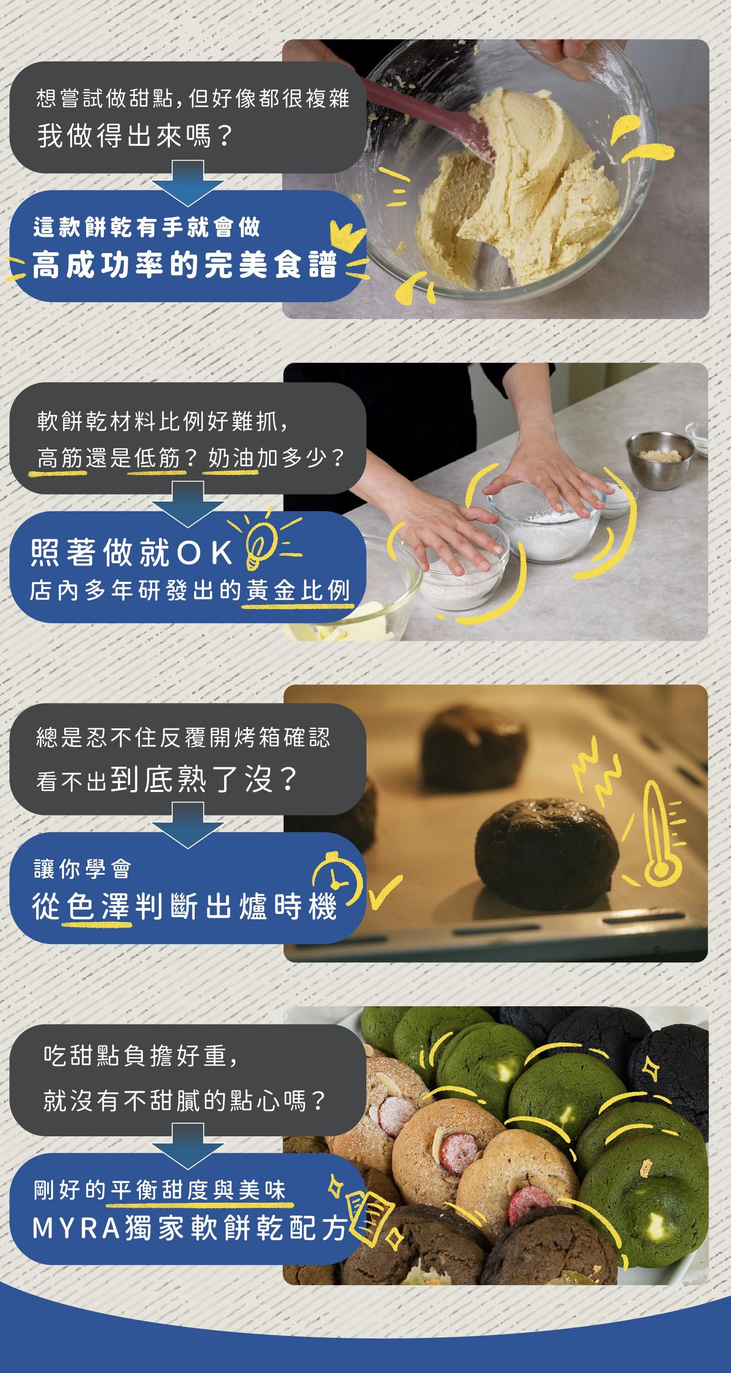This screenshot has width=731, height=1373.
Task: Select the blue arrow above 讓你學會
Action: click(188, 824)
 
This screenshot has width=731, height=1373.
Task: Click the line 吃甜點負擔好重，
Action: click(141, 1056)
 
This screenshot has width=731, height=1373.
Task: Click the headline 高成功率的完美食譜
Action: click(184, 265)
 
